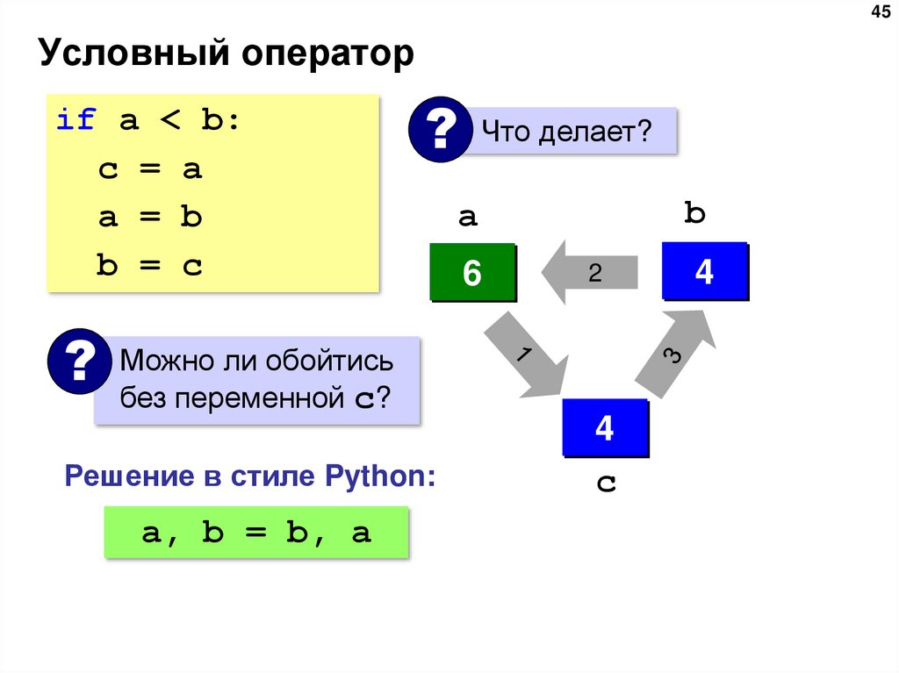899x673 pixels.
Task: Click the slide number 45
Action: (879, 12)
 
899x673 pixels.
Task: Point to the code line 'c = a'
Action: (150, 169)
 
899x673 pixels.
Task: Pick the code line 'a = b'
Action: (150, 218)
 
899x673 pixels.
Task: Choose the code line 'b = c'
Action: (150, 266)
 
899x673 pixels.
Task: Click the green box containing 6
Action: (472, 273)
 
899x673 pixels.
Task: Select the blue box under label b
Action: (704, 271)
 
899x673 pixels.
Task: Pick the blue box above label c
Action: (604, 428)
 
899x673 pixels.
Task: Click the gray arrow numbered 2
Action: (590, 273)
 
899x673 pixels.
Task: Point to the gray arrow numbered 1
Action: (524, 354)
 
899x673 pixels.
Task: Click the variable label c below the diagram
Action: (604, 483)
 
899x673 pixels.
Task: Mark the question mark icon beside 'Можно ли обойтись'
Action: (80, 362)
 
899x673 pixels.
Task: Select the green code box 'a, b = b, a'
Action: (256, 532)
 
